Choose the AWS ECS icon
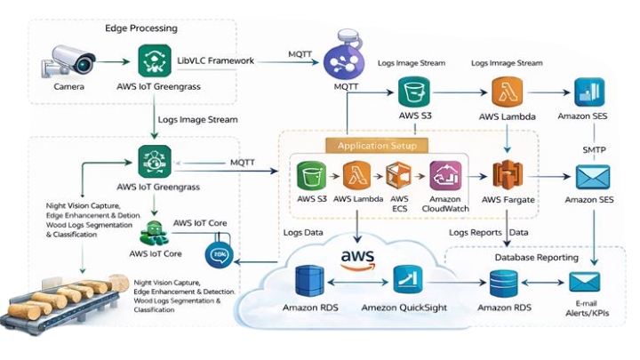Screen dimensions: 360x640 [399, 177]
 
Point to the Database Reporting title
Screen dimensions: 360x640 [536, 257]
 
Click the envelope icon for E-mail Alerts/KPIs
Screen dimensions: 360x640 [588, 283]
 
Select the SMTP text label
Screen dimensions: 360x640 [594, 149]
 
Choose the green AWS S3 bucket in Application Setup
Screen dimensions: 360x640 [309, 175]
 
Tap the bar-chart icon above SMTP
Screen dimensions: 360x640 [588, 92]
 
